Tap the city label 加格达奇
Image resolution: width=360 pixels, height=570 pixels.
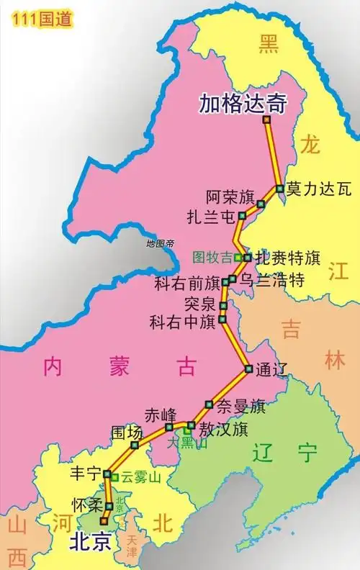click(243, 105)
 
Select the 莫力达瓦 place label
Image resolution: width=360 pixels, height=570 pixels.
click(318, 190)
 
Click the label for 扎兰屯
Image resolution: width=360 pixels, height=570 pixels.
click(210, 216)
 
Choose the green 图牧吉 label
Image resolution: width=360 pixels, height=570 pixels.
click(212, 257)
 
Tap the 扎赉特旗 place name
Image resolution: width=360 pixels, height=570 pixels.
click(288, 258)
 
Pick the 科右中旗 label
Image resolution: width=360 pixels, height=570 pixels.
click(183, 322)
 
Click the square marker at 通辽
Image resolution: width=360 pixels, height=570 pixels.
click(248, 369)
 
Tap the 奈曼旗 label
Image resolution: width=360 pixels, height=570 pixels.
click(241, 406)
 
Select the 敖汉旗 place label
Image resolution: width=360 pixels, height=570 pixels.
click(223, 430)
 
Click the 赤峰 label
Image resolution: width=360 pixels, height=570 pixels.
click(160, 415)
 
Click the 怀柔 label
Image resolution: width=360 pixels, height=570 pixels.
click(88, 505)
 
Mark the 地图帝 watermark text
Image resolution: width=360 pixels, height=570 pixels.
click(160, 244)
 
